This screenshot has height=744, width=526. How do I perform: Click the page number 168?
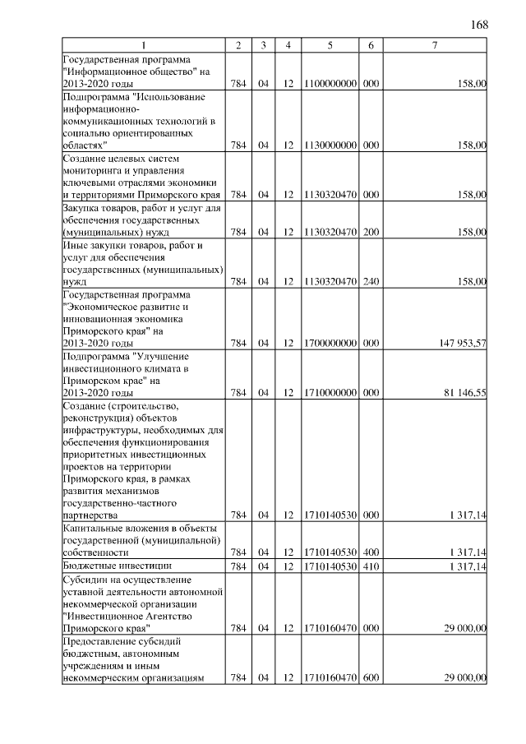[x=480, y=25]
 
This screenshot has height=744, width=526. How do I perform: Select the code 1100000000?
[x=329, y=83]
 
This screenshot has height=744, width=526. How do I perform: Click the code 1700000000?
[x=329, y=343]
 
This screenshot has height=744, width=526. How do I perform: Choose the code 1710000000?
[x=329, y=393]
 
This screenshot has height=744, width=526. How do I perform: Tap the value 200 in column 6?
[x=371, y=232]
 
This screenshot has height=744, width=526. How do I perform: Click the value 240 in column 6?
[x=371, y=281]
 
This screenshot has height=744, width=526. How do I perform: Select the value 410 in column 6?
[x=371, y=566]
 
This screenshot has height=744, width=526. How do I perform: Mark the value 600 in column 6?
[x=371, y=677]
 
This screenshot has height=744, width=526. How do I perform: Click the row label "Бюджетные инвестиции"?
[x=117, y=566]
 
